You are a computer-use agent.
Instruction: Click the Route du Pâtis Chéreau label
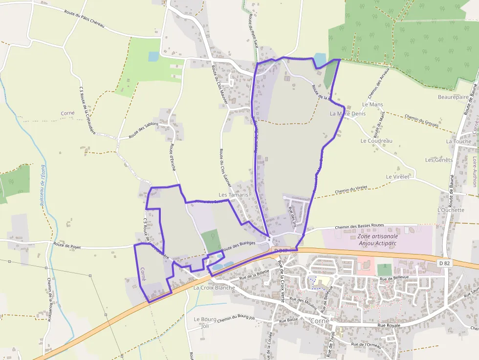pos(84,19)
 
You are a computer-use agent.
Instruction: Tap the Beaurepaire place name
pos(453,97)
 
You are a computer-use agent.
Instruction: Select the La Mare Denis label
pos(348,113)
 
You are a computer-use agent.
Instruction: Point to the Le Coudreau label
pos(376,141)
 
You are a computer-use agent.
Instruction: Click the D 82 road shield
pos(444,263)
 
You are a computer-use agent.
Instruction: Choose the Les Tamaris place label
pos(234,194)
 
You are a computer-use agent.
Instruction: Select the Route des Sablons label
pos(144,130)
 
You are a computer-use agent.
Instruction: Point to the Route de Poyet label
pos(67,245)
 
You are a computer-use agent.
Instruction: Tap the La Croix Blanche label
pos(214,288)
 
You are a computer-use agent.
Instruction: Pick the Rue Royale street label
pos(389,325)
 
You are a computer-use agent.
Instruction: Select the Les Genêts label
pos(438,160)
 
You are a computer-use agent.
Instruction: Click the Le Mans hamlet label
pos(372,105)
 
